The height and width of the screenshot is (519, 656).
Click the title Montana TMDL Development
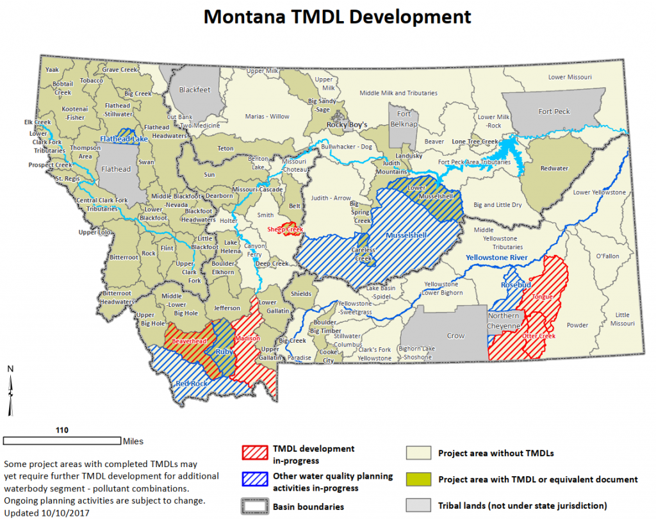point(337,17)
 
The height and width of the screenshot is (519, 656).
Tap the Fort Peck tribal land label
point(554,111)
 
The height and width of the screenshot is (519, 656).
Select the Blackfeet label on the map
point(194,90)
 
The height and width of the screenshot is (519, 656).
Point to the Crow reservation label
point(455,336)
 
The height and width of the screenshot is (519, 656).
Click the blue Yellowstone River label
point(496,258)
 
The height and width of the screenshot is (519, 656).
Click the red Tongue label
point(541,297)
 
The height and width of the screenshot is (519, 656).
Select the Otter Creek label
point(538,336)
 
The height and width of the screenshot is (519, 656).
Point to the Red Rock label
point(192,383)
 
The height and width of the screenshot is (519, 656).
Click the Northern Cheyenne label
point(504,320)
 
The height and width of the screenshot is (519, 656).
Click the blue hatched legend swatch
point(254,481)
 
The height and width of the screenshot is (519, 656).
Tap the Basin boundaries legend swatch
point(254,507)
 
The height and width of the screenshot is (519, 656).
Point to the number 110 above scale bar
point(61,430)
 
